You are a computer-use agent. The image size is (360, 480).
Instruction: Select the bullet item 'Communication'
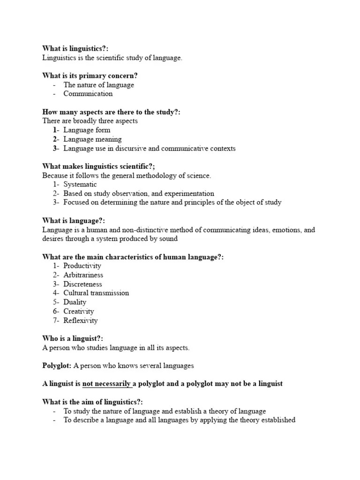coord(88,94)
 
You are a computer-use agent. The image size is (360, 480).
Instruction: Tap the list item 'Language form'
coord(88,130)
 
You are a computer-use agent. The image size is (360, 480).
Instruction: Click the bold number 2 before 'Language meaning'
coord(55,139)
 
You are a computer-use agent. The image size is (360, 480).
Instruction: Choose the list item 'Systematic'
coord(80,185)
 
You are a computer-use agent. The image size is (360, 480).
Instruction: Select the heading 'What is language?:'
coord(74,221)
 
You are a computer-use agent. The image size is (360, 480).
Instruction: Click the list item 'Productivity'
coord(82,266)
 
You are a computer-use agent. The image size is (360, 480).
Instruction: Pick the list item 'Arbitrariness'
coord(83,275)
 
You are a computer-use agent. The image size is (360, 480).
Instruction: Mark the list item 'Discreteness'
coord(82,284)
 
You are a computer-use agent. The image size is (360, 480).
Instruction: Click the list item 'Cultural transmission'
coord(96,293)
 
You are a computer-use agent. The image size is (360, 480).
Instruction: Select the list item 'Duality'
coord(75,302)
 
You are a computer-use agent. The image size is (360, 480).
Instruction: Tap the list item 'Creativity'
coord(79,311)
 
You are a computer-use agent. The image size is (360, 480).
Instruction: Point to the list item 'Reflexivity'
coord(81,321)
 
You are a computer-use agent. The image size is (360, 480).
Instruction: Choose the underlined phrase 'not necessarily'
coord(106,384)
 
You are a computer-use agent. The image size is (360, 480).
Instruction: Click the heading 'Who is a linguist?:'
coord(73,338)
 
